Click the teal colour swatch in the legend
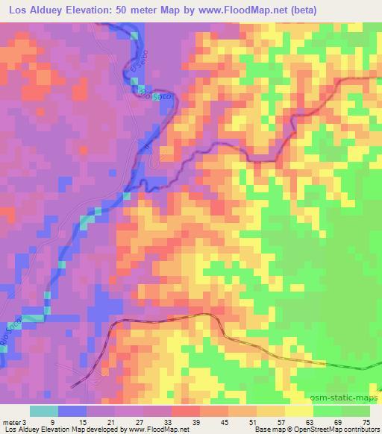tap(44, 411)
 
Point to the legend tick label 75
tap(366, 422)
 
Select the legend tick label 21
tap(110, 422)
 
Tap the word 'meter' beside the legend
tap(11, 422)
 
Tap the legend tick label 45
tap(224, 422)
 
